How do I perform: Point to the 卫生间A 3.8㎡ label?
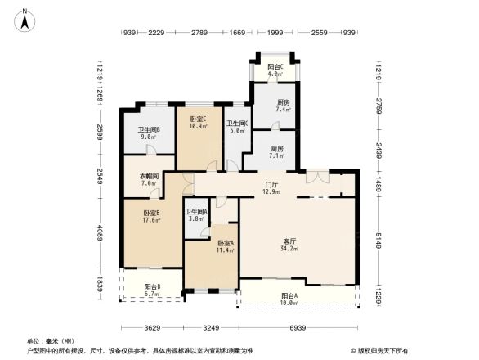tap(196, 214)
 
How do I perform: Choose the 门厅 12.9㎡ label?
tap(271, 188)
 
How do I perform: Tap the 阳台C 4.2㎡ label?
tap(275, 70)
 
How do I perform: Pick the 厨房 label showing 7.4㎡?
tap(283, 106)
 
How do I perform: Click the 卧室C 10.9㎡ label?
tap(197, 124)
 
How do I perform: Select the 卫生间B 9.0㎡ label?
tap(148, 133)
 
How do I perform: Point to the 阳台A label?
tap(290, 299)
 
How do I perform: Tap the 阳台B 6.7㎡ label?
tap(152, 290)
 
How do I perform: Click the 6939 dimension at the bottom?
tap(298, 327)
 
